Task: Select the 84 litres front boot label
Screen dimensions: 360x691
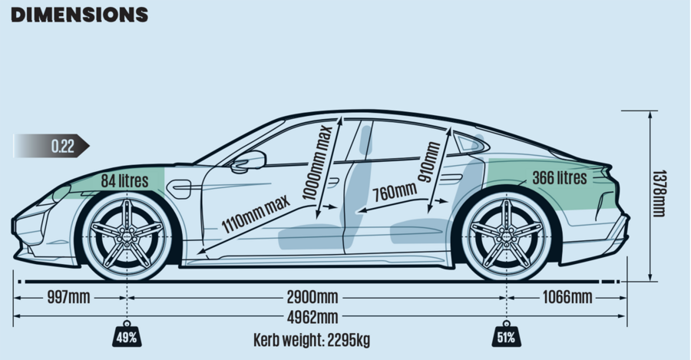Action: (124, 182)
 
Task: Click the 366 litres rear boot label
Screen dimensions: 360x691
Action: (559, 178)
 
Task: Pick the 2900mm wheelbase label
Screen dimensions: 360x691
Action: (312, 297)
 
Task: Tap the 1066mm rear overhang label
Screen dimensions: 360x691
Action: (567, 297)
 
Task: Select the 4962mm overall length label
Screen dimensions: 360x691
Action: (312, 318)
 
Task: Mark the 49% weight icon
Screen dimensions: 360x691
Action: (127, 335)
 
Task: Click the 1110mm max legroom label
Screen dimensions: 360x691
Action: (256, 214)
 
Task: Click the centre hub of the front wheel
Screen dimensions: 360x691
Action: (127, 230)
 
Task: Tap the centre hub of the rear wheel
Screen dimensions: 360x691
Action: (507, 230)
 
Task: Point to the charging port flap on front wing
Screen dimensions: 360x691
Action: (180, 187)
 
